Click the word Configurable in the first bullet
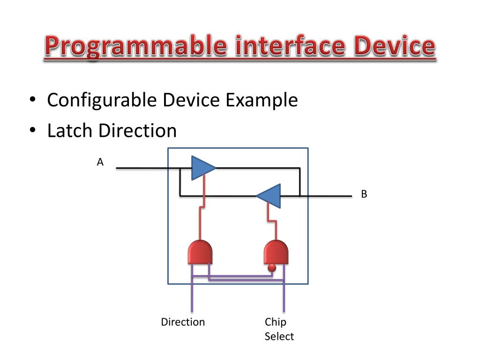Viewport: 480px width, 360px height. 102,100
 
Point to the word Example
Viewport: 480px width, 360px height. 262,100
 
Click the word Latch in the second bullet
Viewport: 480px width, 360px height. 70,131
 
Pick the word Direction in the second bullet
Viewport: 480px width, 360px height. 137,131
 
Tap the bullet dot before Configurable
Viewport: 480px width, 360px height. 32,101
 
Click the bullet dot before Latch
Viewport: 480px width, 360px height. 32,131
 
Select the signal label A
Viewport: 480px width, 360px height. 100,163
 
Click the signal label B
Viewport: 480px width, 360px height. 364,194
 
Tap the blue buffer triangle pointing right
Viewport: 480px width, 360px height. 202,167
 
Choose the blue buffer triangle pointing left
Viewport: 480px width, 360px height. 269,195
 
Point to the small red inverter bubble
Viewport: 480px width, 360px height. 271,268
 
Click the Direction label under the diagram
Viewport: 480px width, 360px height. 183,322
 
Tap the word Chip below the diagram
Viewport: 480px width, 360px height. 275,322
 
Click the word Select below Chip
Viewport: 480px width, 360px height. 279,336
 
